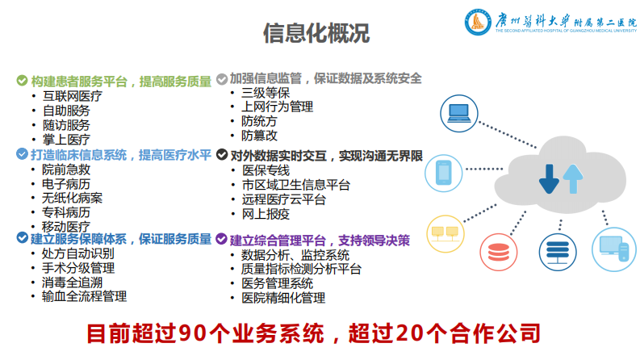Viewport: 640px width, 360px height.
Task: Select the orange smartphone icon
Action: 443,172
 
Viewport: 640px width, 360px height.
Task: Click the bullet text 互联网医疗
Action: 73,96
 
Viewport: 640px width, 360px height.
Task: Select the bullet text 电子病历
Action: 66,183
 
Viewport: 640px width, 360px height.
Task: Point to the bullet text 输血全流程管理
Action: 84,296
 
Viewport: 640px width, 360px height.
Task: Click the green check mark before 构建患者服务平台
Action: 23,81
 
